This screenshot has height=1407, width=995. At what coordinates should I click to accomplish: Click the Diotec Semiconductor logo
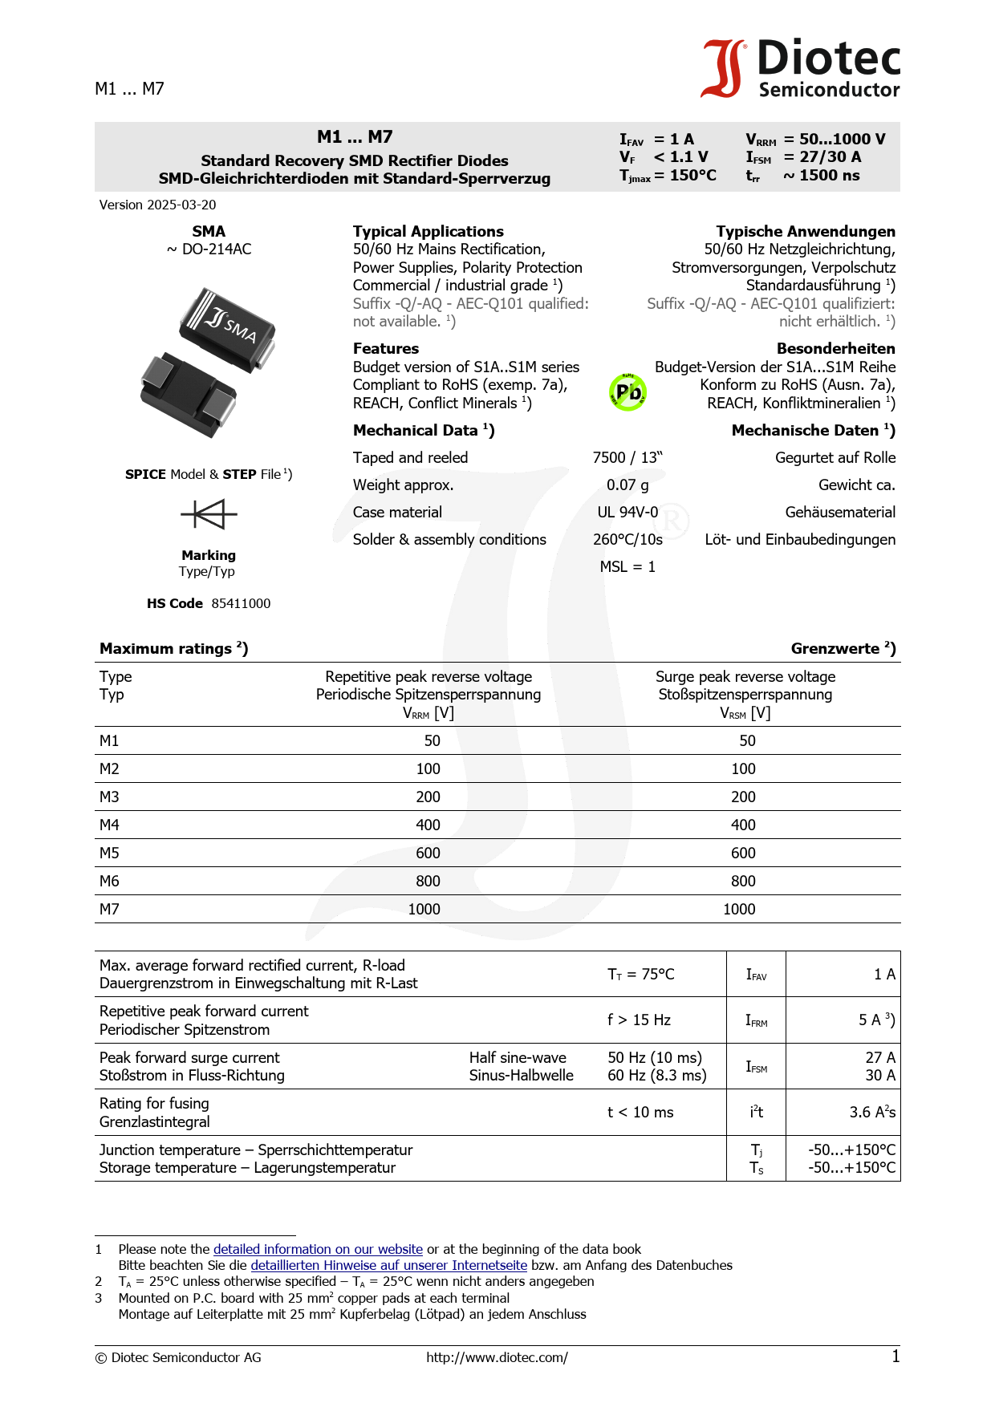pos(801,69)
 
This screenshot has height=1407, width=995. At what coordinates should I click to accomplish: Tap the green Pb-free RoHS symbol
pos(628,392)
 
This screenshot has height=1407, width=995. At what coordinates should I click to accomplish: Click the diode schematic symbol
pos(209,514)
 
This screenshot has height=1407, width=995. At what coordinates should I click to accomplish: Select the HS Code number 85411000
pos(241,603)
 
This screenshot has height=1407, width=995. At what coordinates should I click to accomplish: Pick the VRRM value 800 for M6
pos(428,881)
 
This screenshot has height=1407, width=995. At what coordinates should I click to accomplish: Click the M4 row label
pos(109,825)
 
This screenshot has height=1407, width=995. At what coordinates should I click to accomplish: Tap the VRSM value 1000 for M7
pos(739,909)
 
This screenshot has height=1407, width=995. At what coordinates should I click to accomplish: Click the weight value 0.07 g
pos(627,485)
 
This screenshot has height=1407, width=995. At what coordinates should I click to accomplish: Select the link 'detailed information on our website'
pos(318,1249)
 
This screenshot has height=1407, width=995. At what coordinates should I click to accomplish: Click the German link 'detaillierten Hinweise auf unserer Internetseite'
pos(388,1265)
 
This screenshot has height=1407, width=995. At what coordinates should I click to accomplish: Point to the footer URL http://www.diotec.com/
pos(497,1357)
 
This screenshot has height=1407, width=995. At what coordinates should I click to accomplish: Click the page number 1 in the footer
pos(895,1356)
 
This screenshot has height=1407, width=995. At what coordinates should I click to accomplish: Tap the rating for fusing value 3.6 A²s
pos(872,1112)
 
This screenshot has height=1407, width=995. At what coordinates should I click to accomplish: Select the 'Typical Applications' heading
pos(428,231)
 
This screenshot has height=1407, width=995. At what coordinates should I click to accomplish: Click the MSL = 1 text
pos(627,566)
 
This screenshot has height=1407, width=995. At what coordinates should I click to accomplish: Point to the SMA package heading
pos(209,231)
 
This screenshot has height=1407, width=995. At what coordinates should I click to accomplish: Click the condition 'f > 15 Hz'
pos(639,1020)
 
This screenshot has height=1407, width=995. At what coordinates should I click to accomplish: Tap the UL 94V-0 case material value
pos(627,512)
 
